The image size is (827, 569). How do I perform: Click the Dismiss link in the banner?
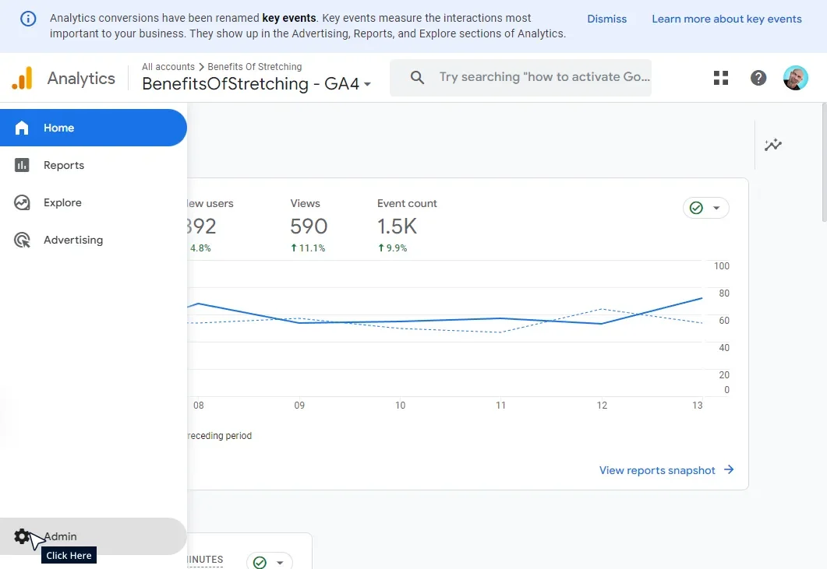click(606, 19)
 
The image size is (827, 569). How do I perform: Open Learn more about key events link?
click(726, 19)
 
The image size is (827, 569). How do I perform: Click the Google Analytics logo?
click(23, 78)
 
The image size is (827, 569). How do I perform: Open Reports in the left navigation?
click(63, 165)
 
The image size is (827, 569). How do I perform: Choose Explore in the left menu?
click(62, 202)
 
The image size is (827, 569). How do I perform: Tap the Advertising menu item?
click(72, 240)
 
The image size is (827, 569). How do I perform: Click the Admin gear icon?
click(22, 536)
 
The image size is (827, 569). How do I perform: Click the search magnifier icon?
click(417, 77)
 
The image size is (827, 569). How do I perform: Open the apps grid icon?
click(721, 78)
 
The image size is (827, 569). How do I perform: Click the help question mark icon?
click(758, 78)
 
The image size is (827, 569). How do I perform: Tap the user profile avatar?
click(796, 78)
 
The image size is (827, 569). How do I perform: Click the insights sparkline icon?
click(772, 145)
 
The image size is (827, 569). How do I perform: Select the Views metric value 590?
click(309, 227)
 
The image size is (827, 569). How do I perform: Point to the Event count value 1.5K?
click(397, 227)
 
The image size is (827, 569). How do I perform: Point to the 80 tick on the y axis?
click(723, 293)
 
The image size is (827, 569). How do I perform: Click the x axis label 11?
click(500, 406)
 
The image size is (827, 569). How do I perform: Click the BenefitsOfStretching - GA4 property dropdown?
click(256, 84)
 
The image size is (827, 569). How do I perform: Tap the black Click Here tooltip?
click(69, 555)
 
